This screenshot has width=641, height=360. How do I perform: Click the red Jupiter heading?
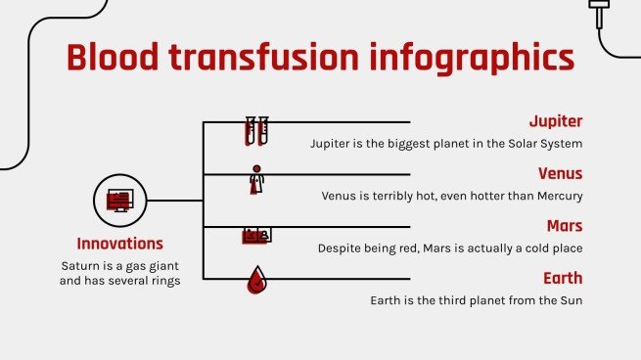555,121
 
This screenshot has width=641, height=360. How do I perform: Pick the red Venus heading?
561,173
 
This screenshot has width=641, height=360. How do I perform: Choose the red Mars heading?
565,226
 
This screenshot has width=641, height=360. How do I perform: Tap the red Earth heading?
563,279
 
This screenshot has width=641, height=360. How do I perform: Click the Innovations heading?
119,244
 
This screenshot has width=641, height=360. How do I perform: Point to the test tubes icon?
256,131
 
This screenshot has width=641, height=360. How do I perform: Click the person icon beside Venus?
256,180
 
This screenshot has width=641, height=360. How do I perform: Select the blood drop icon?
256,282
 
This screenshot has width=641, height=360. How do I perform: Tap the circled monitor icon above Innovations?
119,201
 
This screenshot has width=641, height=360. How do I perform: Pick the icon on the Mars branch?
256,235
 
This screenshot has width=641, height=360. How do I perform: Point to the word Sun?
571,300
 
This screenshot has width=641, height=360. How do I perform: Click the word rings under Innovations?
160,282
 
